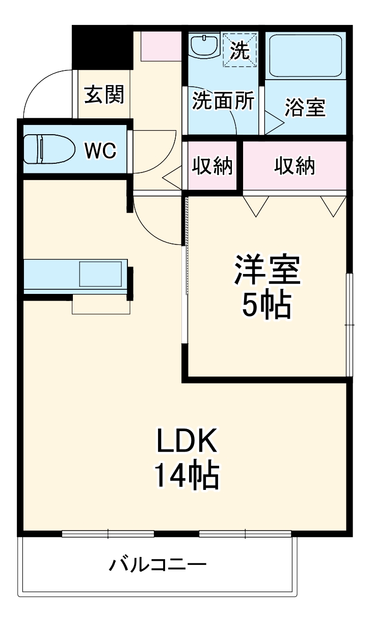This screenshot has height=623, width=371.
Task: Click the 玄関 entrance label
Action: pyautogui.click(x=104, y=94)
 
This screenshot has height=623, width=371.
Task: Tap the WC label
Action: pyautogui.click(x=101, y=150)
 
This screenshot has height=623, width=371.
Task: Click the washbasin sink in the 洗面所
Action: pyautogui.click(x=203, y=46)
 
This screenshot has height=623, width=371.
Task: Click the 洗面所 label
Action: pyautogui.click(x=223, y=102)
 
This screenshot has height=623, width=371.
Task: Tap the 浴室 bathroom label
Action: pyautogui.click(x=305, y=108)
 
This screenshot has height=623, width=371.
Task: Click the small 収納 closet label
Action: pyautogui.click(x=212, y=166)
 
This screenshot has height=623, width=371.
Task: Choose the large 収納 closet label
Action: pyautogui.click(x=295, y=166)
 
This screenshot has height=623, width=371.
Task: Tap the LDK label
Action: pyautogui.click(x=187, y=441)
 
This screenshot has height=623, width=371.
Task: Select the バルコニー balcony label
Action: pyautogui.click(x=158, y=565)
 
